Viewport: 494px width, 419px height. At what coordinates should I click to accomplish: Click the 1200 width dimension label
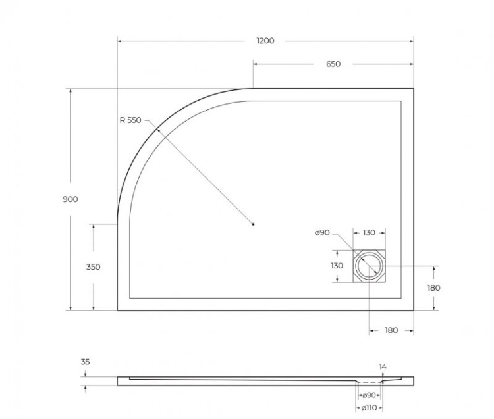coord(265,41)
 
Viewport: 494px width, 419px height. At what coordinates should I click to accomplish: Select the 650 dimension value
coord(333,64)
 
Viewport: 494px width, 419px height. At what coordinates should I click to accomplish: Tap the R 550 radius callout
coord(130,120)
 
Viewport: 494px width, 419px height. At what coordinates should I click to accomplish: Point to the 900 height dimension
coord(70,199)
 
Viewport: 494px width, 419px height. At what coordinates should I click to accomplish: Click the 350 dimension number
coord(93,267)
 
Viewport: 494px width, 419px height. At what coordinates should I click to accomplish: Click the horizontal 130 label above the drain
coord(369,233)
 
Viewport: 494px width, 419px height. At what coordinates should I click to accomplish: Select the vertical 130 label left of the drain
coord(337,266)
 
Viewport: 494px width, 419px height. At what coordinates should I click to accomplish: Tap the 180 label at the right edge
coord(433,287)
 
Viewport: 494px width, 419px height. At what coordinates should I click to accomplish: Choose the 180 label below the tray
coord(391,330)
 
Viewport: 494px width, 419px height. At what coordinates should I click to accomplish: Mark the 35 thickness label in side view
coord(86,362)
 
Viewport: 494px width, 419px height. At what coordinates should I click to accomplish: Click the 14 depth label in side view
coord(383,366)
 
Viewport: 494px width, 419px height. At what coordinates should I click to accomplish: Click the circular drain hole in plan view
coord(369,266)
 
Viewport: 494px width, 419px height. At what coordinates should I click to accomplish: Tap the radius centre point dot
coord(254,225)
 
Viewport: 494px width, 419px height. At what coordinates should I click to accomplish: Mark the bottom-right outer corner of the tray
coord(414,310)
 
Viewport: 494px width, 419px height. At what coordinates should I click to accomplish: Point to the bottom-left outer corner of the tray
coord(117,310)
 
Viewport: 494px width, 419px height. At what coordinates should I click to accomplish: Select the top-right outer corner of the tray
coord(414,89)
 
